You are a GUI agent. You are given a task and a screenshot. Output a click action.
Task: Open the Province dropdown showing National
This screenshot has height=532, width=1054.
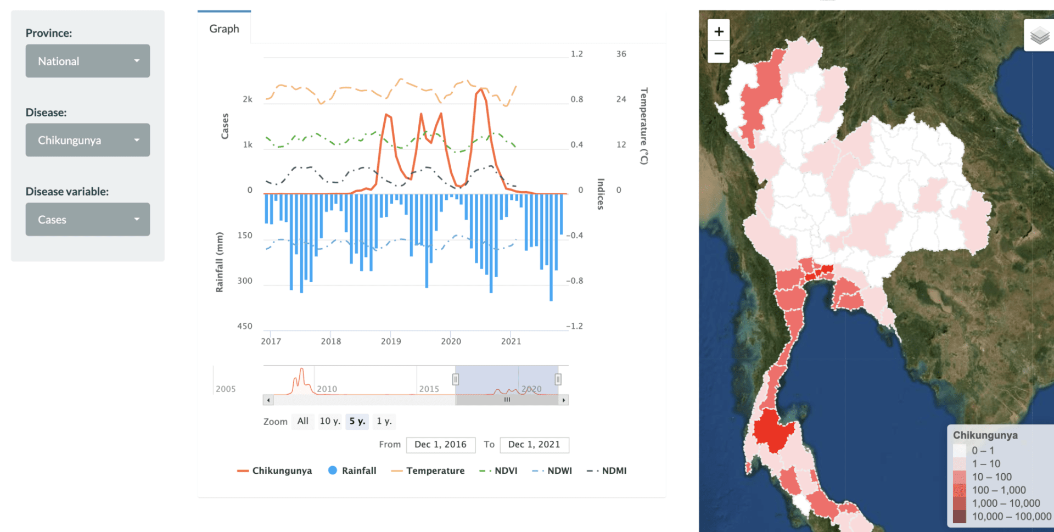[87, 61]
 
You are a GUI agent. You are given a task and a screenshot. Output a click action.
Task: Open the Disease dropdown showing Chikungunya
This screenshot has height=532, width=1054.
[87, 140]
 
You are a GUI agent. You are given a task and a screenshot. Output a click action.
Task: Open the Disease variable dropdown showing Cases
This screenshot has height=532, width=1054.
[87, 220]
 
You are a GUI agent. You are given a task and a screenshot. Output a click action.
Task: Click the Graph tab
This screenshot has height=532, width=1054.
[224, 29]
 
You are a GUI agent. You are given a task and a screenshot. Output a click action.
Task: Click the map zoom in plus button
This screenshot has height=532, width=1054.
[719, 31]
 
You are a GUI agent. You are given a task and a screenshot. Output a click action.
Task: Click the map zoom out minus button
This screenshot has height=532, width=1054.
[719, 53]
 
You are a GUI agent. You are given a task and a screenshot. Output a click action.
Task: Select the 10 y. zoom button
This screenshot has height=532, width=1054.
[330, 421]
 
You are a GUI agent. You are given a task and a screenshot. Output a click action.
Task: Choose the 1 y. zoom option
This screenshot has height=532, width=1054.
[384, 421]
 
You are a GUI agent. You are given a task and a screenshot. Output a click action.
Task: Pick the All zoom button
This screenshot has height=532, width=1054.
[302, 421]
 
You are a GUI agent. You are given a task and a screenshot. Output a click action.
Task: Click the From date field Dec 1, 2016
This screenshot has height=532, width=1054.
[440, 445]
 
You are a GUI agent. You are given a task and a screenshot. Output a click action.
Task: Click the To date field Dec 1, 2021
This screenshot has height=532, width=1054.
[534, 445]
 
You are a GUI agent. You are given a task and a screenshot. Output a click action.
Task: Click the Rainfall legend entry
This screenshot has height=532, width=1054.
[352, 471]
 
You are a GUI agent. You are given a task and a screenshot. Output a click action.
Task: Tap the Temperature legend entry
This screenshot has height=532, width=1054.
[428, 471]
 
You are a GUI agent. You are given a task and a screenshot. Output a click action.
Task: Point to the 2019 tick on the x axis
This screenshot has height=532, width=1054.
[391, 341]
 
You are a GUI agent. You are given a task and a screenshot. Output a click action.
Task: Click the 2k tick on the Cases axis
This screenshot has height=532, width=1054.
[248, 99]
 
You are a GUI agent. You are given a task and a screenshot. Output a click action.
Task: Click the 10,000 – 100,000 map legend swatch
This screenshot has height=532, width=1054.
[960, 517]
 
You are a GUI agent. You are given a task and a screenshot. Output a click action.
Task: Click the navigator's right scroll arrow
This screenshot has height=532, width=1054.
[564, 400]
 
